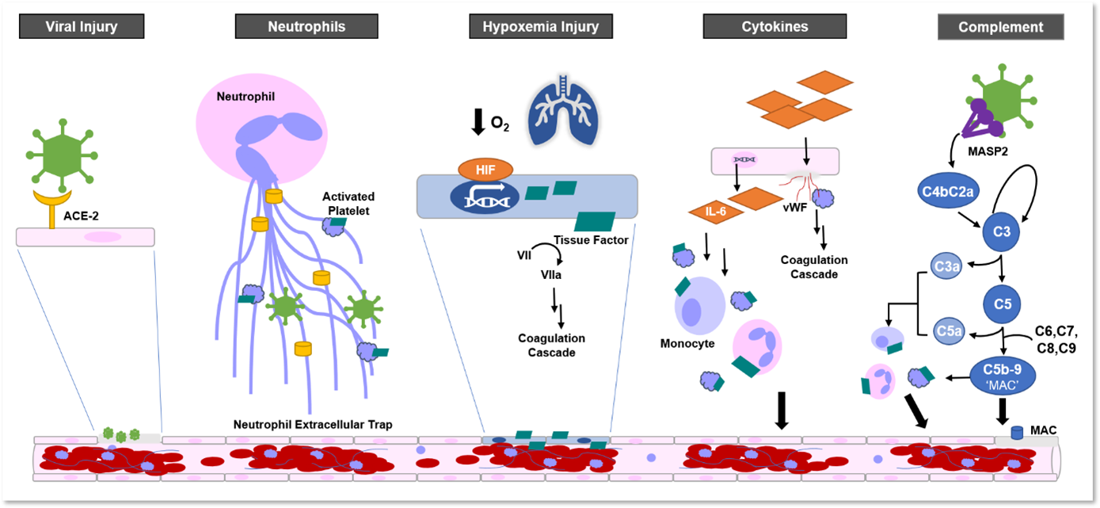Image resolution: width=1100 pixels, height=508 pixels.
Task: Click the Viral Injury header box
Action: pos(82,27)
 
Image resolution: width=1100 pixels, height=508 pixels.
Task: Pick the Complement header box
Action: pos(1000,27)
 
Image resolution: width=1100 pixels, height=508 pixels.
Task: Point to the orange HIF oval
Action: pos(485,169)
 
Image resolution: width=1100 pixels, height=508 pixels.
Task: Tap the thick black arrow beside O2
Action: pos(478,121)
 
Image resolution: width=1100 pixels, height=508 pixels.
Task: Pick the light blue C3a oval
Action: pos(946,266)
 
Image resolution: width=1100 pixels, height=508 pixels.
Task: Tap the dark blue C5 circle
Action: pos(1001,303)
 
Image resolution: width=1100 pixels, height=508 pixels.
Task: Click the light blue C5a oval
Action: pos(948,331)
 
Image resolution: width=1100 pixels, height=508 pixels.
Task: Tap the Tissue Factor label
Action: pos(591,239)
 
